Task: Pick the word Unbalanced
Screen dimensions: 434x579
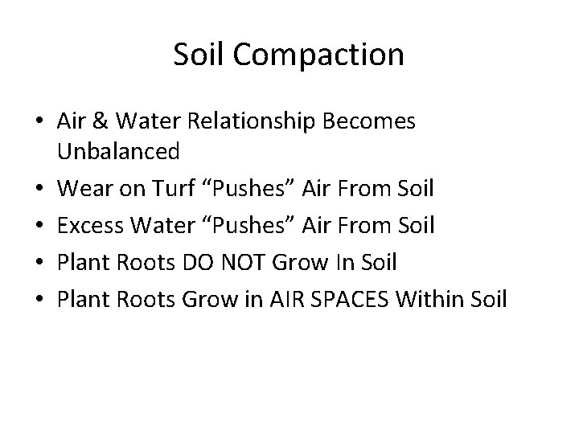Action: (x=118, y=151)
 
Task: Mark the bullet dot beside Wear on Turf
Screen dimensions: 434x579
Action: (x=41, y=190)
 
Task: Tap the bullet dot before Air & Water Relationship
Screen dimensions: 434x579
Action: (x=41, y=121)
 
